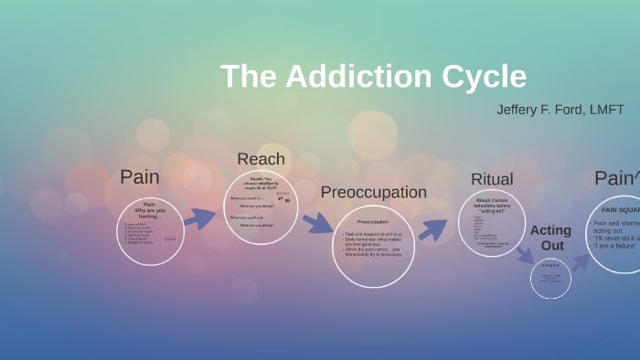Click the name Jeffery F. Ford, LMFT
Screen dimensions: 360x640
tap(560, 110)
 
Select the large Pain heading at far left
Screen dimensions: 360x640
tap(139, 176)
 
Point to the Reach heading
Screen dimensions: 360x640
tap(261, 159)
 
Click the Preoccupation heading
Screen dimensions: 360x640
tap(373, 193)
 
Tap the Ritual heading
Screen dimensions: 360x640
tap(492, 179)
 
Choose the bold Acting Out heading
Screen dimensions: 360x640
tap(550, 238)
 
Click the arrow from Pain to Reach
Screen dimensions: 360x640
tap(200, 217)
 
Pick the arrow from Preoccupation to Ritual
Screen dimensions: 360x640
tap(432, 229)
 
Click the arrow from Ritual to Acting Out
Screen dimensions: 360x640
tap(524, 257)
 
